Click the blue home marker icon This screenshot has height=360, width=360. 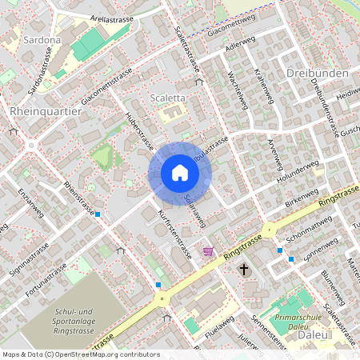pyautogui.click(x=179, y=173)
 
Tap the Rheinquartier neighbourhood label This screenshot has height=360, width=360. pyautogui.click(x=46, y=111)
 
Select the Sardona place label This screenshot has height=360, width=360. pyautogui.click(x=29, y=38)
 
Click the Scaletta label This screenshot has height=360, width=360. pyautogui.click(x=168, y=98)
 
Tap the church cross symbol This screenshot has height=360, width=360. pyautogui.click(x=244, y=270)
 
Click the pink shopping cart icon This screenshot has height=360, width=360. pyautogui.click(x=209, y=251)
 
